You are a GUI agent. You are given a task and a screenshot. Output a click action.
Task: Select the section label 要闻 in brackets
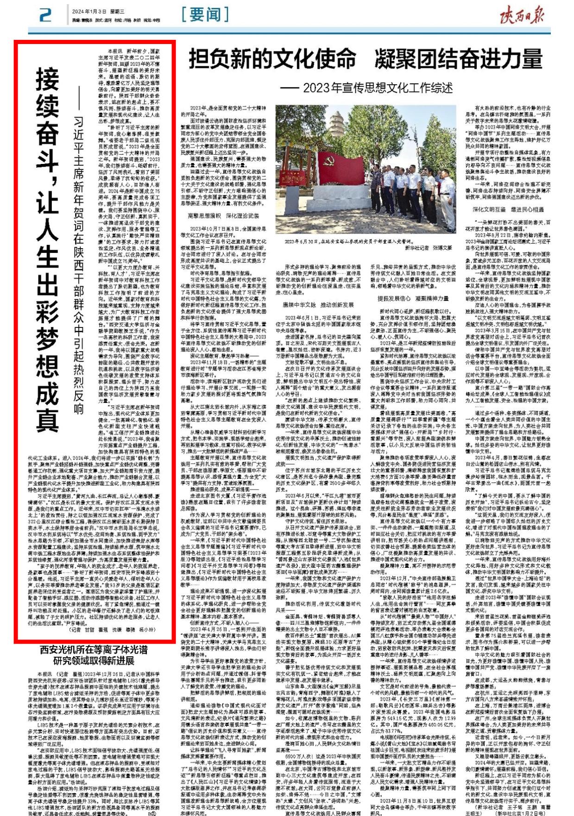[205, 15]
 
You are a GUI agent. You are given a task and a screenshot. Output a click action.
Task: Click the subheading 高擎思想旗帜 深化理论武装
[223, 216]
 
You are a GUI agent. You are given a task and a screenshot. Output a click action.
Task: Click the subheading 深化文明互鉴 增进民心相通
[508, 209]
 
